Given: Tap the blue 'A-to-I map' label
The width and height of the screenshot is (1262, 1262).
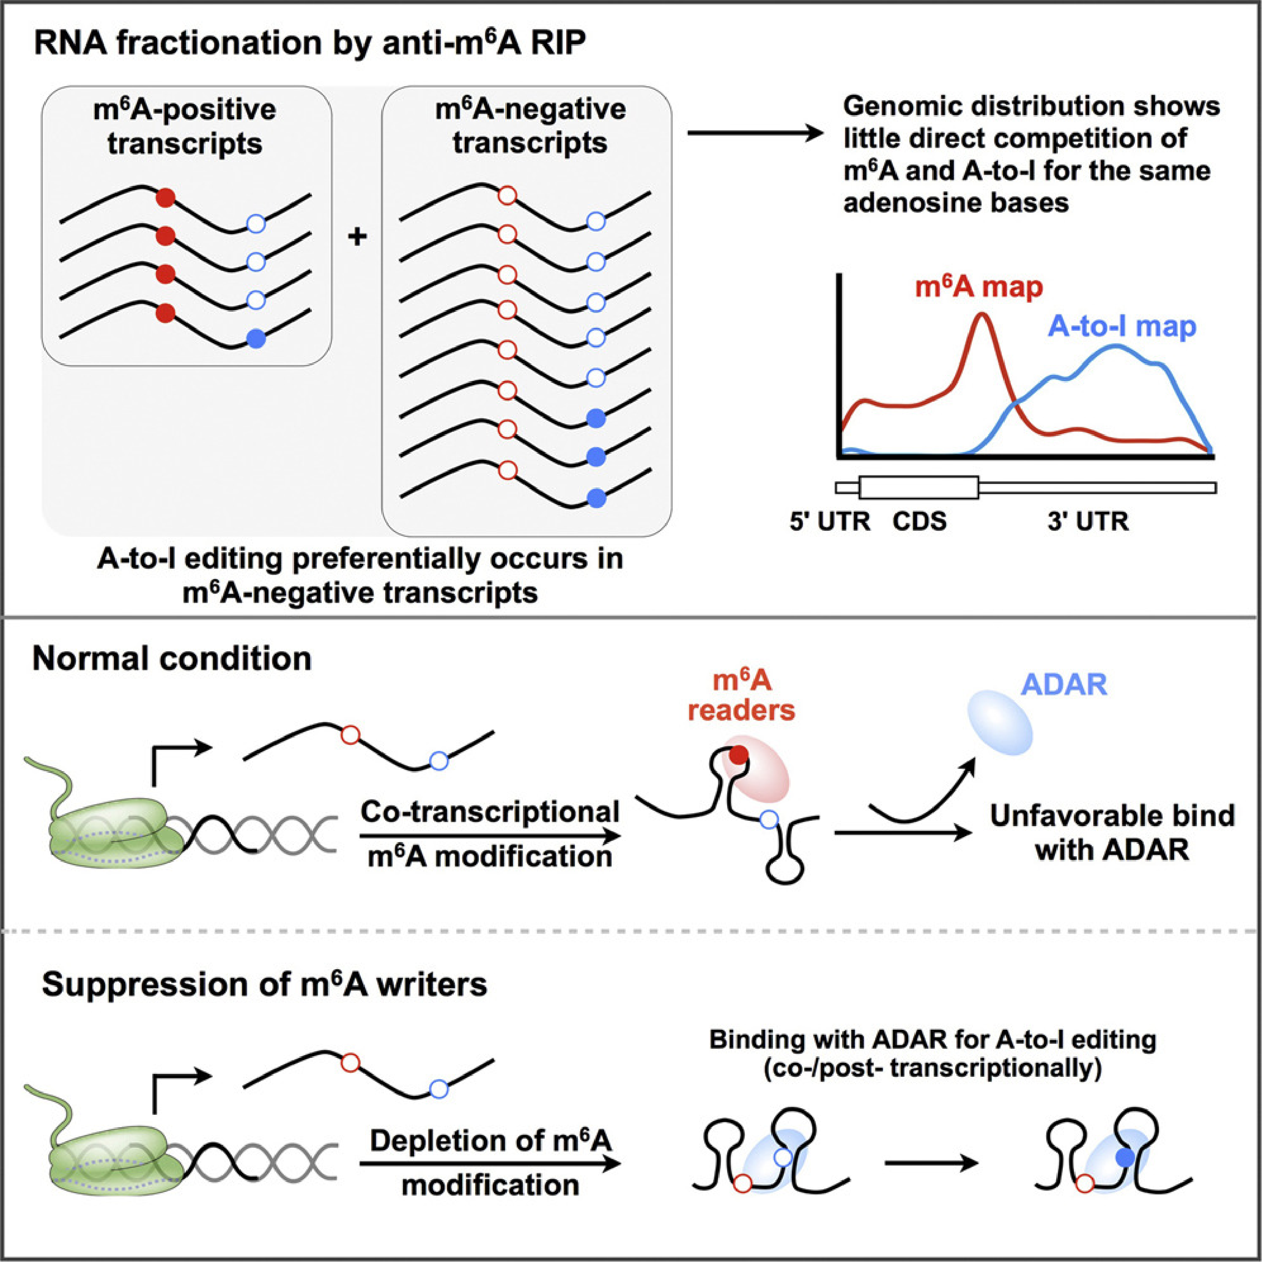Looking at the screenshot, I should [x=1121, y=327].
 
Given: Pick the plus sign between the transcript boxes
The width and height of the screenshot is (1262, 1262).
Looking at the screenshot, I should [x=357, y=236].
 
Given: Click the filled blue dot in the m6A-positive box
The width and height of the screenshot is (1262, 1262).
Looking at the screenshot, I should [x=257, y=338].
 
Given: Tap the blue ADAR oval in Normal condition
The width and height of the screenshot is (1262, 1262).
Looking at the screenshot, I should [x=999, y=724].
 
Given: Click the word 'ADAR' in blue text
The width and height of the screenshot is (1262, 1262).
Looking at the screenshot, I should [x=1064, y=685].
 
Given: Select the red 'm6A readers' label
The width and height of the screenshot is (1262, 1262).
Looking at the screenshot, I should [x=742, y=696].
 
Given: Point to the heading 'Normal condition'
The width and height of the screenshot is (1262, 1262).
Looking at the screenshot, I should [x=172, y=659].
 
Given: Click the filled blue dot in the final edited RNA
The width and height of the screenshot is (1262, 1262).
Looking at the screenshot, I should [x=1125, y=1158].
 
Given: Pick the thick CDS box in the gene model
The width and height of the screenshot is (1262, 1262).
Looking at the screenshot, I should [x=918, y=487].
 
